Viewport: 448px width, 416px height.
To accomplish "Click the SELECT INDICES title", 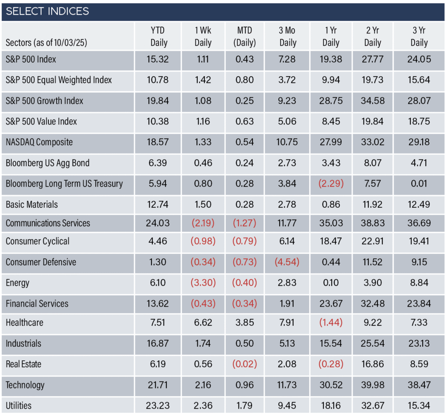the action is pos(47,11).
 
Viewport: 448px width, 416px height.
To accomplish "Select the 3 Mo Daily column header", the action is pos(287,36).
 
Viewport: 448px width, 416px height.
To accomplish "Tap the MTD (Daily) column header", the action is pos(245,36).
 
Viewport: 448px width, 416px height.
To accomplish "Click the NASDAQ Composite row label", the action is pos(39,142).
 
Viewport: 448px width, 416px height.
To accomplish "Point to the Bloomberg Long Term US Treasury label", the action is pos(64,184).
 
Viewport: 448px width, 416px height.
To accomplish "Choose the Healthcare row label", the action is pos(24,322).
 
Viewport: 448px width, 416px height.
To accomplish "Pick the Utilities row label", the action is pos(18,405).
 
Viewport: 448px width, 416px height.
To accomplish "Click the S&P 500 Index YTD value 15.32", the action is pos(157,59).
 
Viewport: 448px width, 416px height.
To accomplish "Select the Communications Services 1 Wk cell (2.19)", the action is pos(203,223).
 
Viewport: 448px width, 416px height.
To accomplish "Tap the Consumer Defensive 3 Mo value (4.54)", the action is pos(287,262).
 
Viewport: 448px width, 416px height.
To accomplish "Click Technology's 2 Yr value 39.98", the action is pos(373,385).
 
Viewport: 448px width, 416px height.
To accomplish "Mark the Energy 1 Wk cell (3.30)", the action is pos(203,283).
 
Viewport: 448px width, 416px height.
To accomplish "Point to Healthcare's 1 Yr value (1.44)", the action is pos(331,322).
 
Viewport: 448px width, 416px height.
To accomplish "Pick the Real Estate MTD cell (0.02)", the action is pos(245,364).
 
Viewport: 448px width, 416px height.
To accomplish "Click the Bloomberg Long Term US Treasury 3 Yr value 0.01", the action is pos(419,184).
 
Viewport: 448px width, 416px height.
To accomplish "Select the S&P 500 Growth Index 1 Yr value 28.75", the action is pos(331,101).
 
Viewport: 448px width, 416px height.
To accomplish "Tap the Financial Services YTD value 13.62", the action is pos(157,303).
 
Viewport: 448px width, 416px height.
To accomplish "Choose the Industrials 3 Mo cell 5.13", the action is pos(287,343).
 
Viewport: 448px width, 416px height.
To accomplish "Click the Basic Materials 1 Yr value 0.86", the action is pos(331,204).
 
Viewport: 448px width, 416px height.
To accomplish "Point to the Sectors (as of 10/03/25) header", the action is pos(46,43).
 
